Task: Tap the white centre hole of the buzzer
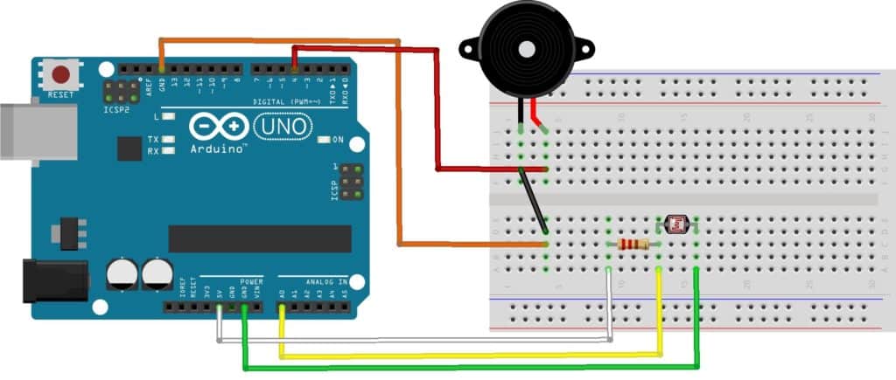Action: click(525, 50)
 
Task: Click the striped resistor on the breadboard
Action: click(633, 245)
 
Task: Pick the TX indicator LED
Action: click(166, 139)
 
